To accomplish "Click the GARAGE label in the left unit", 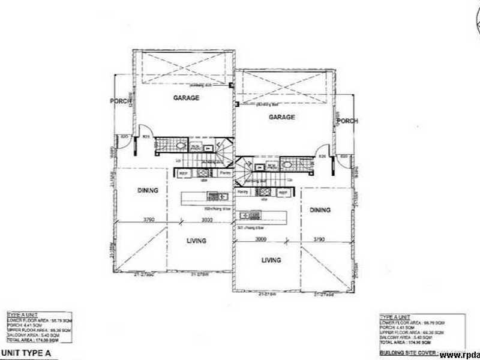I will point(186,98).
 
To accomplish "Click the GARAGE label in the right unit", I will point(281,118).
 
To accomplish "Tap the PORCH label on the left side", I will point(120,101).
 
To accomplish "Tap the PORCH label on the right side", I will point(347,121).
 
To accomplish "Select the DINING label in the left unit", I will point(147,191).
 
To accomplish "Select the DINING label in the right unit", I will point(321,210).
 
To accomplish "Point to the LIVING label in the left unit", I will point(196,241).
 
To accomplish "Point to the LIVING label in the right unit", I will point(272,260).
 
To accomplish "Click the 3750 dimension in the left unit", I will point(148,220).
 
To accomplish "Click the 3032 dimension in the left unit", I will point(206,220).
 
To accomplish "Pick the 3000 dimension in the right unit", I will point(260,239).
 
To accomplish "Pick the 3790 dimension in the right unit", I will point(319,239).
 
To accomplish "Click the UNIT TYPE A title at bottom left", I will point(29,353).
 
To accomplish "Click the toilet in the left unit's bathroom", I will point(180,144).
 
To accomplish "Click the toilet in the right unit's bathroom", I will point(287,165).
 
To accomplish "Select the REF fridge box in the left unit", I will point(184,173).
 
